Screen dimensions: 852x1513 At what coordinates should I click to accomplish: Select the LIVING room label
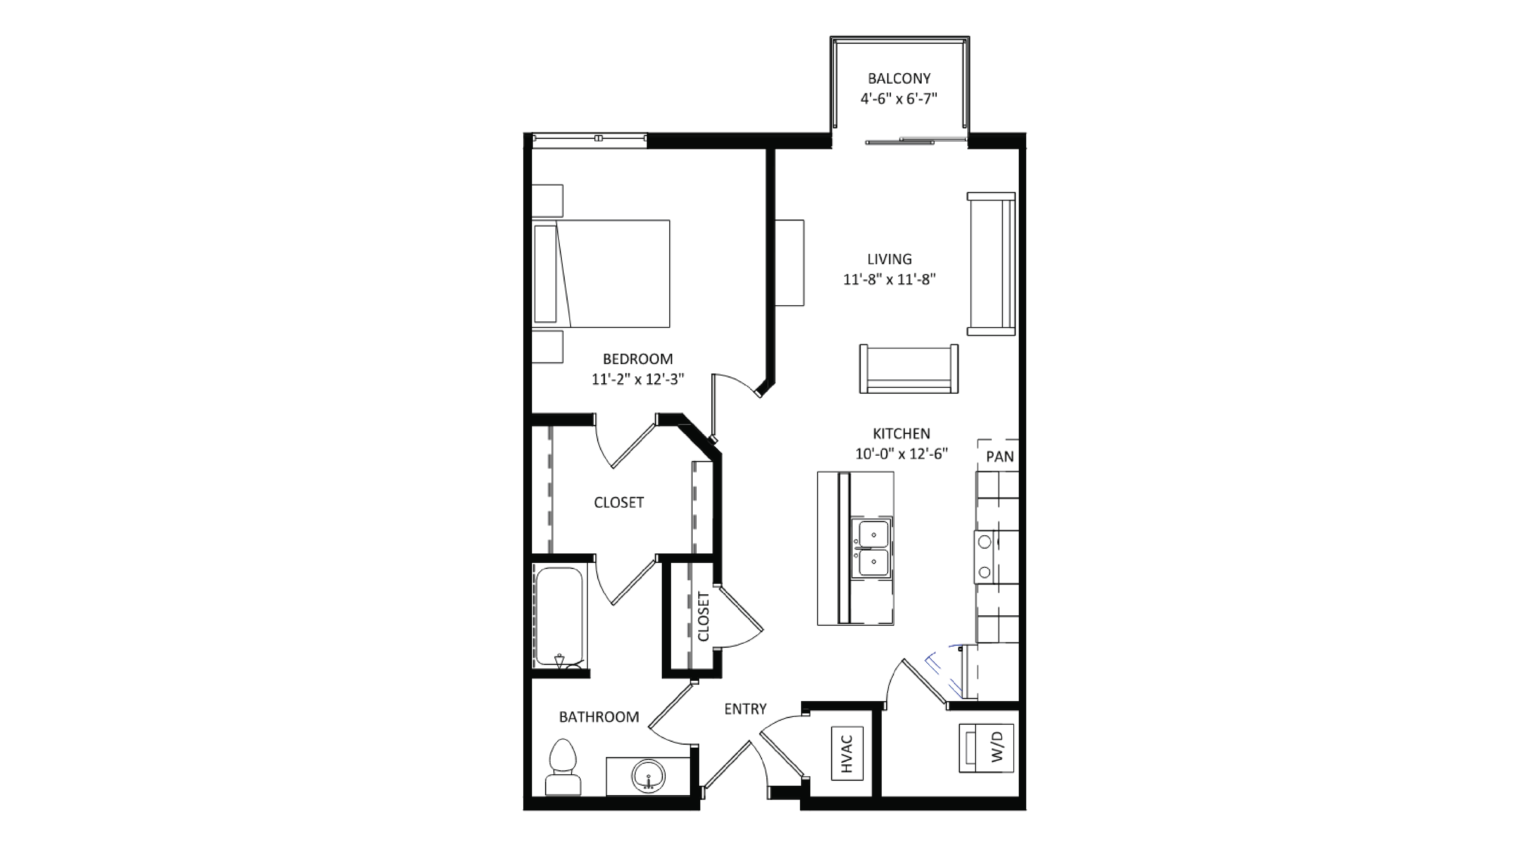click(x=889, y=259)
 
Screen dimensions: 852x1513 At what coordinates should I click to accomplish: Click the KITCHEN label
click(x=901, y=434)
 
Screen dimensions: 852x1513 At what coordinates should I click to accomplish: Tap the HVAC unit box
click(x=847, y=754)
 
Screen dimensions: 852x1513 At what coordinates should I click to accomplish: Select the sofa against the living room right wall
click(x=991, y=264)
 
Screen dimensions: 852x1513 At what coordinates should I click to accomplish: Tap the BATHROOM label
click(x=598, y=717)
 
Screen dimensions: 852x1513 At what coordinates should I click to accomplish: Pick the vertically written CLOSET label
click(x=703, y=616)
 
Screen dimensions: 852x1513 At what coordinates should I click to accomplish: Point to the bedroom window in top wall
click(x=589, y=139)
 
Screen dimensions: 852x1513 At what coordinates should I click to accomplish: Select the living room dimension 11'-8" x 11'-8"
click(x=889, y=280)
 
